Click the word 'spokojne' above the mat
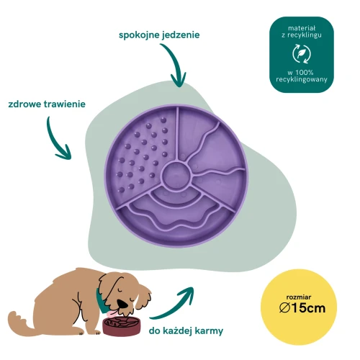(139, 35)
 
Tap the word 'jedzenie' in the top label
(181, 35)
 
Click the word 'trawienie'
(65, 104)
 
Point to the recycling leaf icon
(302, 54)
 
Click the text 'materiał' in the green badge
(302, 28)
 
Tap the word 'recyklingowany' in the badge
(302, 80)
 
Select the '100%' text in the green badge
(305, 72)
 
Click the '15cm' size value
(309, 308)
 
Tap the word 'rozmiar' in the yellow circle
(299, 297)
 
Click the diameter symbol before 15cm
(285, 308)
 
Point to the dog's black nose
(123, 304)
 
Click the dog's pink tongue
(112, 313)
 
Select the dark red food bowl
(122, 326)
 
